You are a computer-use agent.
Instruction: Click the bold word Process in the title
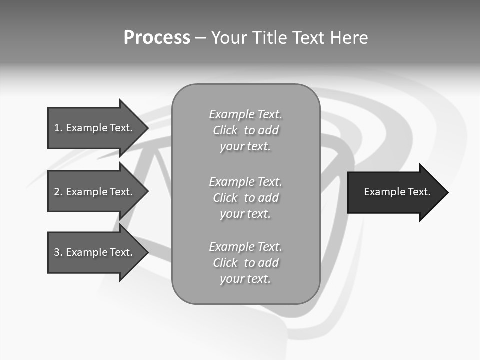coord(157,38)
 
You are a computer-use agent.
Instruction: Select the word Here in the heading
coord(348,38)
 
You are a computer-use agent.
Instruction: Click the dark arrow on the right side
coord(395,192)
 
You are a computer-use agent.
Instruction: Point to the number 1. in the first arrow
coord(58,128)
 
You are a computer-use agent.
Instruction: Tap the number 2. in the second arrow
coord(58,192)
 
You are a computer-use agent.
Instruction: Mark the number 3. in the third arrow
coord(58,252)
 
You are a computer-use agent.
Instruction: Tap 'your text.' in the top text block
coord(245,147)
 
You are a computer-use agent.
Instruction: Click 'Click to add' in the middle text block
coord(245,198)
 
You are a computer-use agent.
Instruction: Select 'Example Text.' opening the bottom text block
coord(245,247)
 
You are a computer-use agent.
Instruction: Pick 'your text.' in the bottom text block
coord(245,279)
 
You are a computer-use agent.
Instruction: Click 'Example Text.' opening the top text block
coord(245,115)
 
